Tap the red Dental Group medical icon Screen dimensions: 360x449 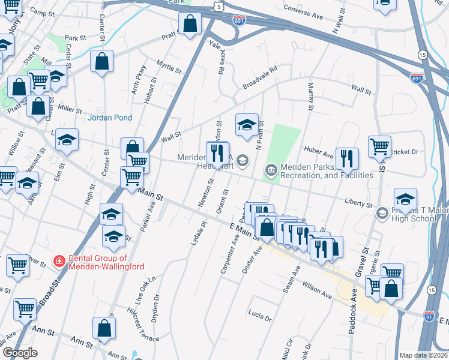[x=59, y=261]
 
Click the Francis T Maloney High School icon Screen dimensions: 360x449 [x=381, y=214]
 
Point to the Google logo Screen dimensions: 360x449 [x=19, y=353]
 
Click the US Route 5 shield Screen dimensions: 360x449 [x=220, y=6]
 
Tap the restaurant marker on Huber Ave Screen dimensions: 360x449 [x=347, y=159]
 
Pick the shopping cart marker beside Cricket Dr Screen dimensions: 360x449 [x=380, y=146]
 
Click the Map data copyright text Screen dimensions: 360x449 [x=423, y=355]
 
